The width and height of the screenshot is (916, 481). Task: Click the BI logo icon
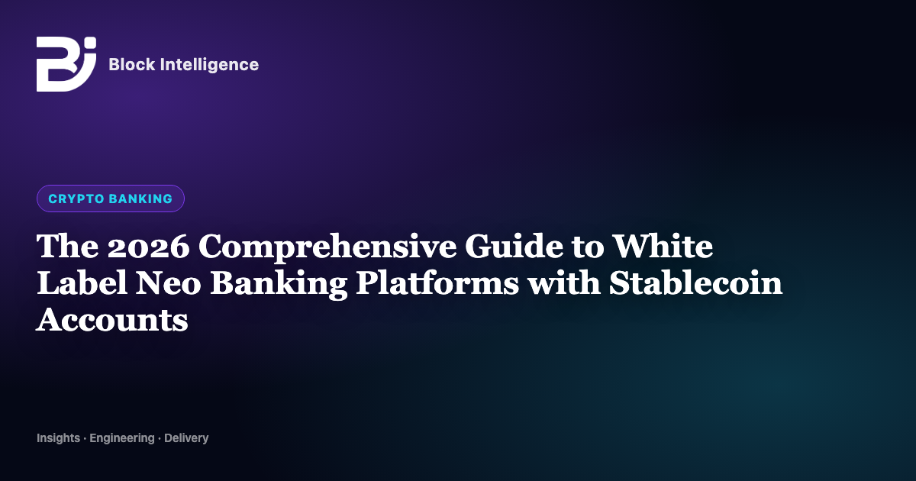pyautogui.click(x=66, y=64)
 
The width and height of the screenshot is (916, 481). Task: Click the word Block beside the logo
pyautogui.click(x=132, y=64)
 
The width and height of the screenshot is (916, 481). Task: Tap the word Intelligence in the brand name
pyautogui.click(x=209, y=65)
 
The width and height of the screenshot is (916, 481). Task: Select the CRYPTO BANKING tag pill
pyautogui.click(x=111, y=199)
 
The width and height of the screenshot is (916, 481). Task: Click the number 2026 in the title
pyautogui.click(x=148, y=247)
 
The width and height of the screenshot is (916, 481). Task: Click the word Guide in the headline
pyautogui.click(x=514, y=246)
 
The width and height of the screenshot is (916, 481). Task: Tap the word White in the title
pyautogui.click(x=663, y=246)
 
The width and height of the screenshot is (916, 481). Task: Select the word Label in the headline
pyautogui.click(x=82, y=282)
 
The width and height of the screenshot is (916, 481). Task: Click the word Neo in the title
pyautogui.click(x=168, y=283)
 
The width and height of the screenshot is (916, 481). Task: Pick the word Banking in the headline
pyautogui.click(x=279, y=284)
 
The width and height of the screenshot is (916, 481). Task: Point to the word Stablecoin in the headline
pyautogui.click(x=695, y=282)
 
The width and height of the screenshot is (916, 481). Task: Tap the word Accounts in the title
pyautogui.click(x=112, y=320)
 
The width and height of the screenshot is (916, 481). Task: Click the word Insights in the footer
pyautogui.click(x=59, y=438)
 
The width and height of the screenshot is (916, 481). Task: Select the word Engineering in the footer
pyautogui.click(x=122, y=438)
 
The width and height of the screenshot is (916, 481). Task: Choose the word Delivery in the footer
pyautogui.click(x=186, y=438)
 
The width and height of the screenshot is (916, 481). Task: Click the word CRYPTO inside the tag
pyautogui.click(x=76, y=199)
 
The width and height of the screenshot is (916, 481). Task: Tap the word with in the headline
pyautogui.click(x=563, y=282)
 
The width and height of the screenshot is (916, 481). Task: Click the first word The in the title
pyautogui.click(x=67, y=246)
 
